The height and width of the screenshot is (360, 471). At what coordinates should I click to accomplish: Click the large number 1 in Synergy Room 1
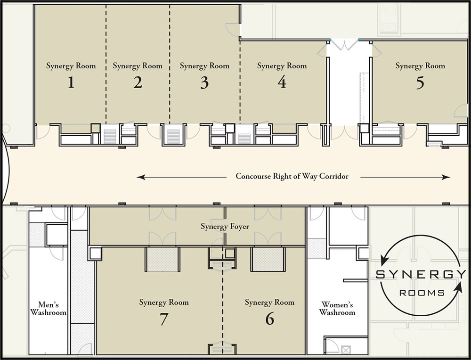click(71, 83)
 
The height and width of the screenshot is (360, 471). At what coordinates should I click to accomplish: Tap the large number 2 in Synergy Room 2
click(138, 83)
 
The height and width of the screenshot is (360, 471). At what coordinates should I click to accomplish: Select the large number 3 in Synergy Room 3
click(204, 83)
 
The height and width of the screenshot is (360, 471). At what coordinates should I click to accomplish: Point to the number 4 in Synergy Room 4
click(282, 82)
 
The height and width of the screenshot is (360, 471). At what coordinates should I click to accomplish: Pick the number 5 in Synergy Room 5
click(420, 82)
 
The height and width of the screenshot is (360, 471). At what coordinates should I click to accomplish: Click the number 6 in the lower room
click(269, 319)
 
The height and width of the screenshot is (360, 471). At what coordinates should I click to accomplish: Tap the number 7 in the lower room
click(163, 319)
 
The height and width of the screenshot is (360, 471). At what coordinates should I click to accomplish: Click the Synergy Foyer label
click(225, 227)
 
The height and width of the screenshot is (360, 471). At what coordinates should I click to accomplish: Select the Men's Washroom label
click(49, 308)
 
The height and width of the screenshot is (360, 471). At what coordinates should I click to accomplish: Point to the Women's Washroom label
click(337, 308)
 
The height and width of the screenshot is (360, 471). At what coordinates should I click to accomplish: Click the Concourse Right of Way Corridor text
click(292, 177)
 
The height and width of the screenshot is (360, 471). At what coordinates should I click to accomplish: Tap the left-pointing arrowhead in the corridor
click(140, 177)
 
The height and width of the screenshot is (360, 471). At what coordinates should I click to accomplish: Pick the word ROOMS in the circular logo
click(422, 293)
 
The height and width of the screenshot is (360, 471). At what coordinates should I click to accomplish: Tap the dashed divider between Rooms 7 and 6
click(223, 302)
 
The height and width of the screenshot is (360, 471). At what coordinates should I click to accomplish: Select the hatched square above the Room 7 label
click(162, 259)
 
